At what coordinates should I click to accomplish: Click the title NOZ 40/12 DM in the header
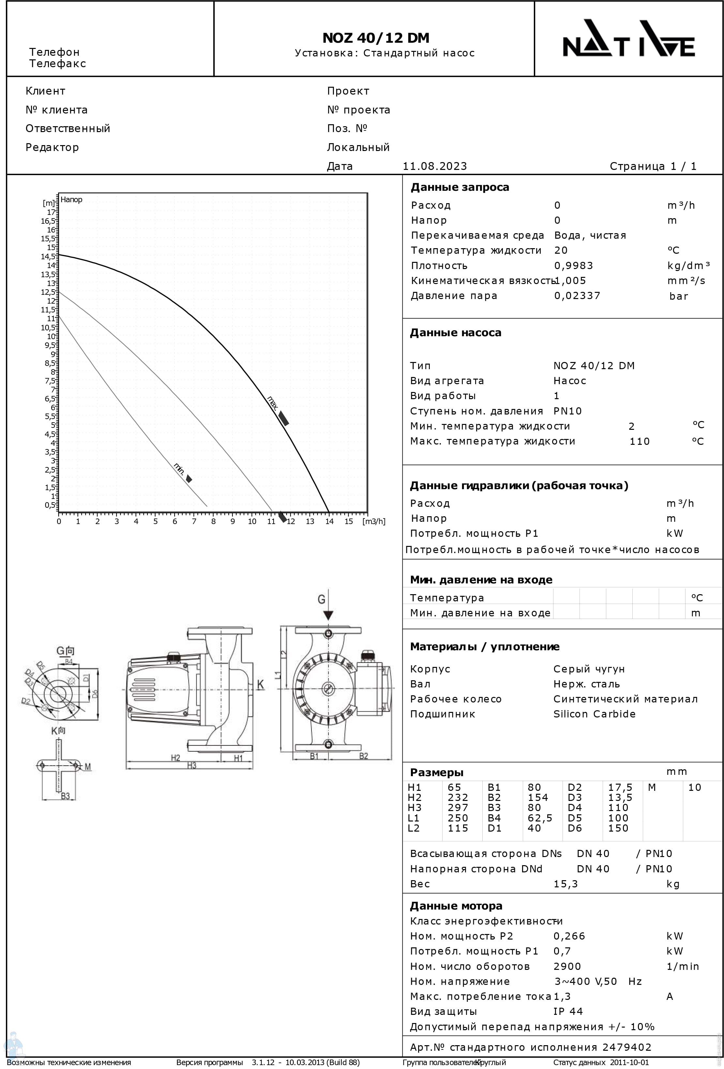coord(376,38)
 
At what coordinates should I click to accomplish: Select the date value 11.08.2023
coord(435,166)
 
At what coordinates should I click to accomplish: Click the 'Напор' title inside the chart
coord(71,200)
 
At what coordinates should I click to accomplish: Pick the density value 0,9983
coord(574,265)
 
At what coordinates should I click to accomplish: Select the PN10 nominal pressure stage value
coord(567,411)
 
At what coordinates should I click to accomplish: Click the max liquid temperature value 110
coord(639,441)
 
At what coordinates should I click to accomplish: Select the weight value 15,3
coord(565,884)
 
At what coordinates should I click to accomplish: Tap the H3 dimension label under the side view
coord(191,765)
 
